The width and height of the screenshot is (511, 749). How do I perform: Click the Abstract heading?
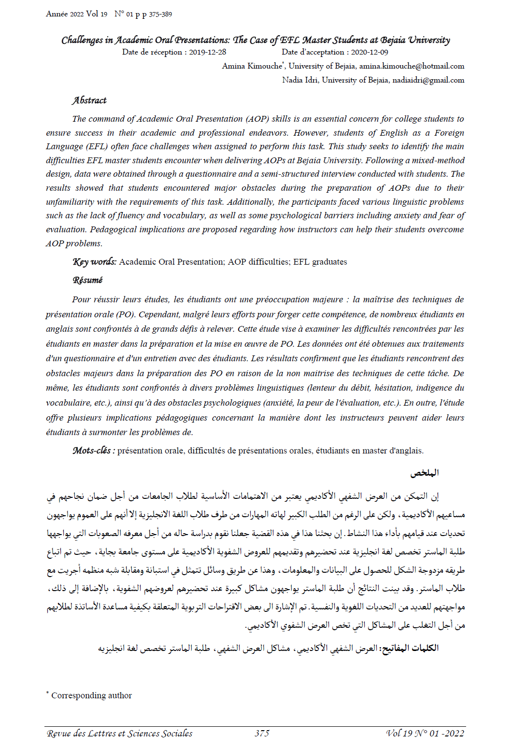[89, 100]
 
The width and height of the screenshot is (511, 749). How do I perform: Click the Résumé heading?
[87, 280]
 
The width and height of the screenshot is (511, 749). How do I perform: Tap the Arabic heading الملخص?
[425, 473]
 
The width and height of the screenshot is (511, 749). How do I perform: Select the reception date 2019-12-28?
[207, 52]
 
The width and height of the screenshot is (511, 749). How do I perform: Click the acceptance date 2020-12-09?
[369, 52]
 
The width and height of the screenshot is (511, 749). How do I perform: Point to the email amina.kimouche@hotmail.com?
[412, 66]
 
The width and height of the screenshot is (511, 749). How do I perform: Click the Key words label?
[94, 262]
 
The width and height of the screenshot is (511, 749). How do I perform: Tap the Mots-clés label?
[93, 451]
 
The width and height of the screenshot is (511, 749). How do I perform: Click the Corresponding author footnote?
[91, 695]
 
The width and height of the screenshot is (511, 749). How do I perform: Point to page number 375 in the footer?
[262, 733]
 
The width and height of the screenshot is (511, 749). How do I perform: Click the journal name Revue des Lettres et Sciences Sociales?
[120, 734]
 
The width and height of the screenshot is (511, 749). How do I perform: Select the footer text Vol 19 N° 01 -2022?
[425, 733]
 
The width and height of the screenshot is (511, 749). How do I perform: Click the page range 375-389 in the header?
[160, 14]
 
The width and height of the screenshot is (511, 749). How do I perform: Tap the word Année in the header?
[57, 14]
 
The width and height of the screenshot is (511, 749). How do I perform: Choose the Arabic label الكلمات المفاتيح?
[410, 648]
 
